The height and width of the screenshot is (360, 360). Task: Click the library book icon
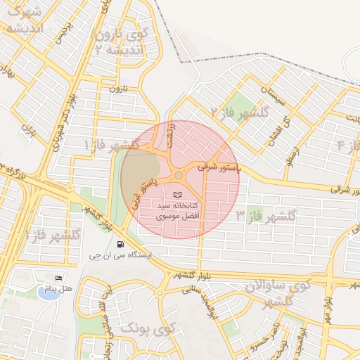click(x=176, y=192)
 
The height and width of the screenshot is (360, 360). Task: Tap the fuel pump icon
click(x=121, y=245)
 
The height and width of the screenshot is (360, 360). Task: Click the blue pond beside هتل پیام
click(x=46, y=293)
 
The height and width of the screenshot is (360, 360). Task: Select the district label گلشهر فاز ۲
click(x=241, y=111)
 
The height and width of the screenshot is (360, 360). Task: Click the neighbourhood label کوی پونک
click(x=147, y=328)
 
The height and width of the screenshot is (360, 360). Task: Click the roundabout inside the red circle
click(x=179, y=175)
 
